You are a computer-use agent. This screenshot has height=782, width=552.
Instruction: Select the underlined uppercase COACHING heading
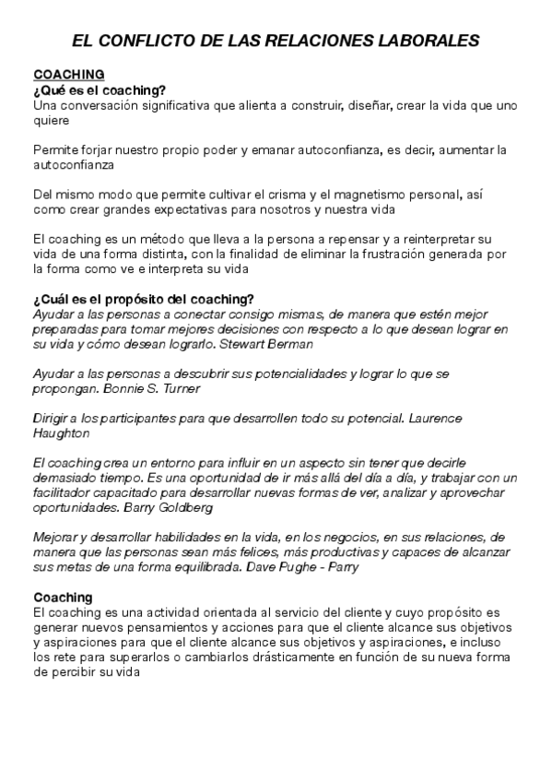(68, 74)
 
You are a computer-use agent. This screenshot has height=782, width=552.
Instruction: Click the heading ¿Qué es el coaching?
(99, 89)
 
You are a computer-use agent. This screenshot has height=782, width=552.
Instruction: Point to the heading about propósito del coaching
(143, 298)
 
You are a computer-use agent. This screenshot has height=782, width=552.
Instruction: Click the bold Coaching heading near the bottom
(61, 597)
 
